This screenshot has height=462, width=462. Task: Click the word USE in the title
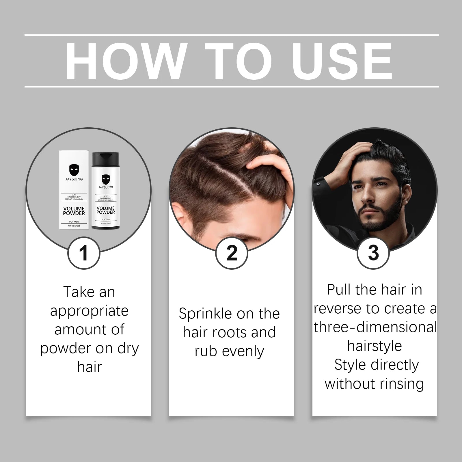342,62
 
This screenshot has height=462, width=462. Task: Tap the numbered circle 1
84,253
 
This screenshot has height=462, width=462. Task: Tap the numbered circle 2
232,253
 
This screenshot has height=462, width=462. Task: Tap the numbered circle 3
373,253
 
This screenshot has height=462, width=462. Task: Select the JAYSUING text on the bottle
106,187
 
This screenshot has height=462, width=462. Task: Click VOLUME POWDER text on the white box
74,211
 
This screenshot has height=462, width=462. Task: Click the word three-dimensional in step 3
375,327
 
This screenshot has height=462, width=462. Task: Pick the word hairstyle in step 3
375,346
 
